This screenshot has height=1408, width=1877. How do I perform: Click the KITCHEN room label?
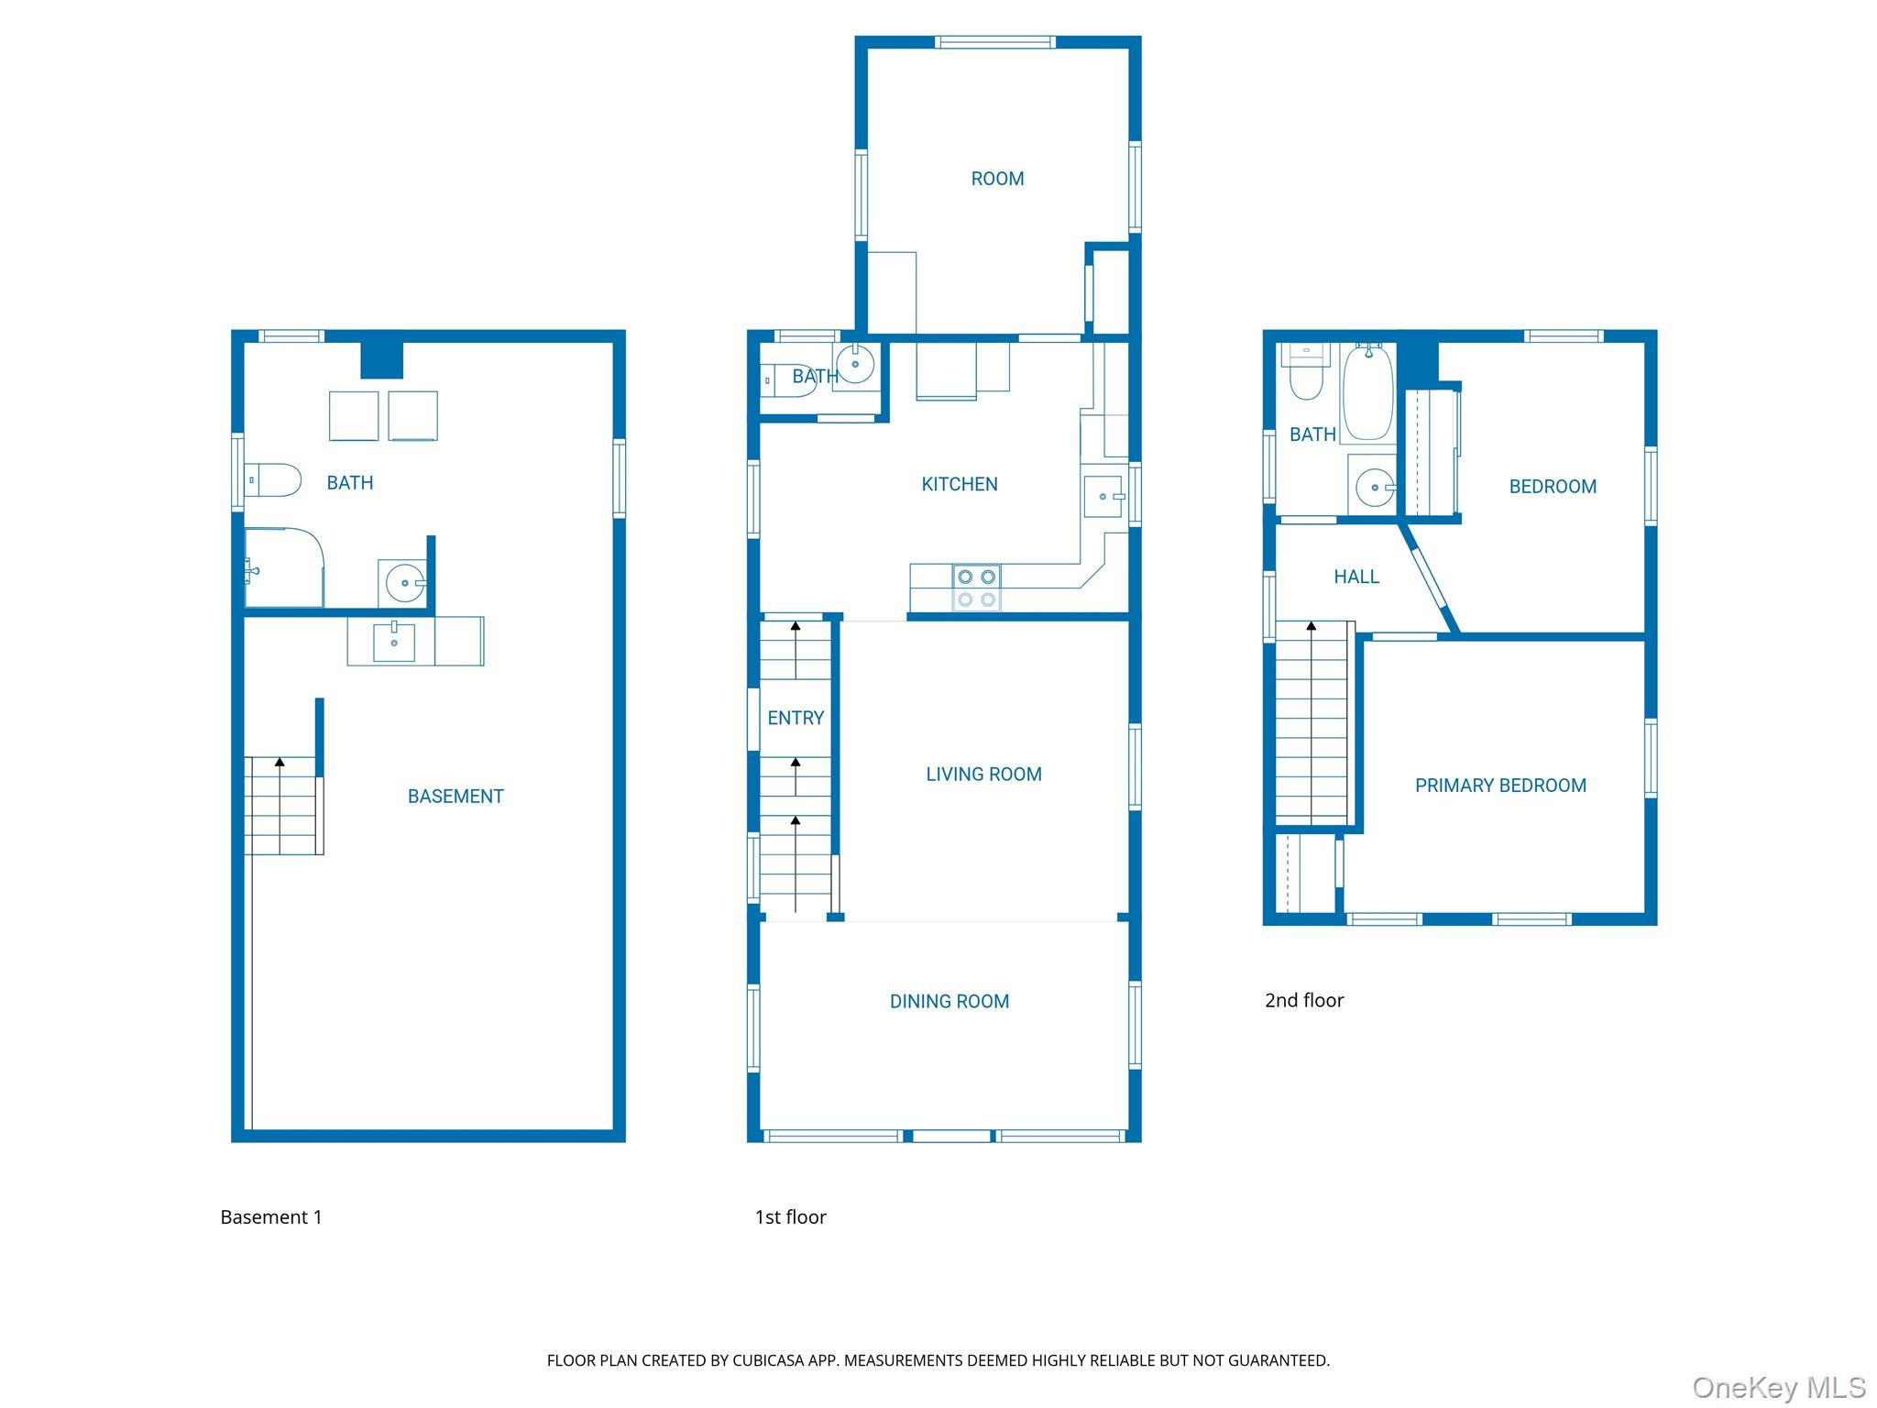point(960,484)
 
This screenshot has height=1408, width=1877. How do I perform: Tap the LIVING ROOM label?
point(983,775)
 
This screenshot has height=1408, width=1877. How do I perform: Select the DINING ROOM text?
point(949,1002)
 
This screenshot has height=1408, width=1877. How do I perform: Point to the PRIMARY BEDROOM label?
point(1500,786)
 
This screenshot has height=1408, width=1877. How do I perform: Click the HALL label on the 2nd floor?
point(1356,577)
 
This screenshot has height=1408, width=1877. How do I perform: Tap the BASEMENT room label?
point(456,797)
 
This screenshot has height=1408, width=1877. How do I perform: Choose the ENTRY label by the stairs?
point(796,718)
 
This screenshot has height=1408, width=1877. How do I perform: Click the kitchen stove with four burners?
point(976,588)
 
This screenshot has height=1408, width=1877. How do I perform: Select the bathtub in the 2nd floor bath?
point(1368,392)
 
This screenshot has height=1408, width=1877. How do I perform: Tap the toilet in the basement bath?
point(273,480)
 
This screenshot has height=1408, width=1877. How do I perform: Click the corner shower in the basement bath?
point(284,567)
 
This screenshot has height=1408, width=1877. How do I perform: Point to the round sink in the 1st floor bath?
point(855,366)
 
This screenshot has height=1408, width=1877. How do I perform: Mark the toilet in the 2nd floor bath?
point(1306,372)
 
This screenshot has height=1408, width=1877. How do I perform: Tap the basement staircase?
point(283,806)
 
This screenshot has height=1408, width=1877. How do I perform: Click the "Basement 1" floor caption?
point(271,1217)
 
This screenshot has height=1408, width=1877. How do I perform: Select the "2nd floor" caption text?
point(1304,1000)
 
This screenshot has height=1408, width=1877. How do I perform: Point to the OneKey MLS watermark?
point(1779,1388)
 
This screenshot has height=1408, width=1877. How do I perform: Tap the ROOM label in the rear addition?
point(997,179)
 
